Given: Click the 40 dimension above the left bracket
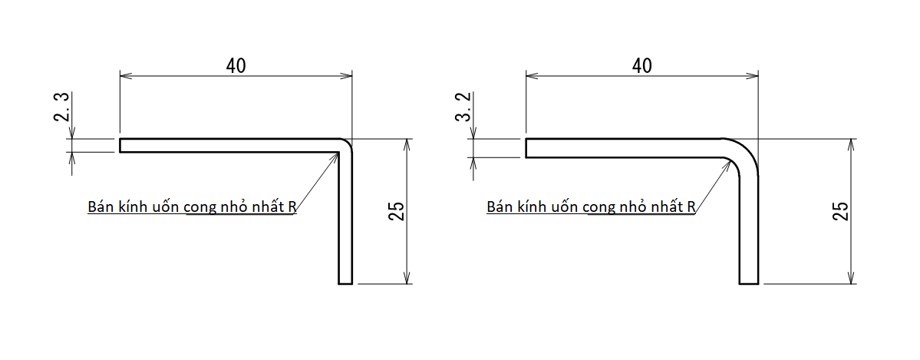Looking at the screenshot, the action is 236,66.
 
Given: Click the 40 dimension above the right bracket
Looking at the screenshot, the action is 642,66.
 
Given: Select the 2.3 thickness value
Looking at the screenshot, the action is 61,107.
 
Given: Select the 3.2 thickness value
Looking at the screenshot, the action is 463,107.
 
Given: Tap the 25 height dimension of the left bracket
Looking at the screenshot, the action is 397,211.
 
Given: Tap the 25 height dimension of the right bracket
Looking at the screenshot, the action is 841,211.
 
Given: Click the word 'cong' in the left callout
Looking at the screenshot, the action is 201,208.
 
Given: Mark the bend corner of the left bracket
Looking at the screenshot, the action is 346,144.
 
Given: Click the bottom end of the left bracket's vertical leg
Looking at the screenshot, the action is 345,284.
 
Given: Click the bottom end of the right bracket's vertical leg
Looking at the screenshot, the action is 749,284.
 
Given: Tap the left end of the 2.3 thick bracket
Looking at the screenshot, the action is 120,145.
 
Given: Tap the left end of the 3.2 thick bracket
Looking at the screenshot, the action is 526,148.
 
